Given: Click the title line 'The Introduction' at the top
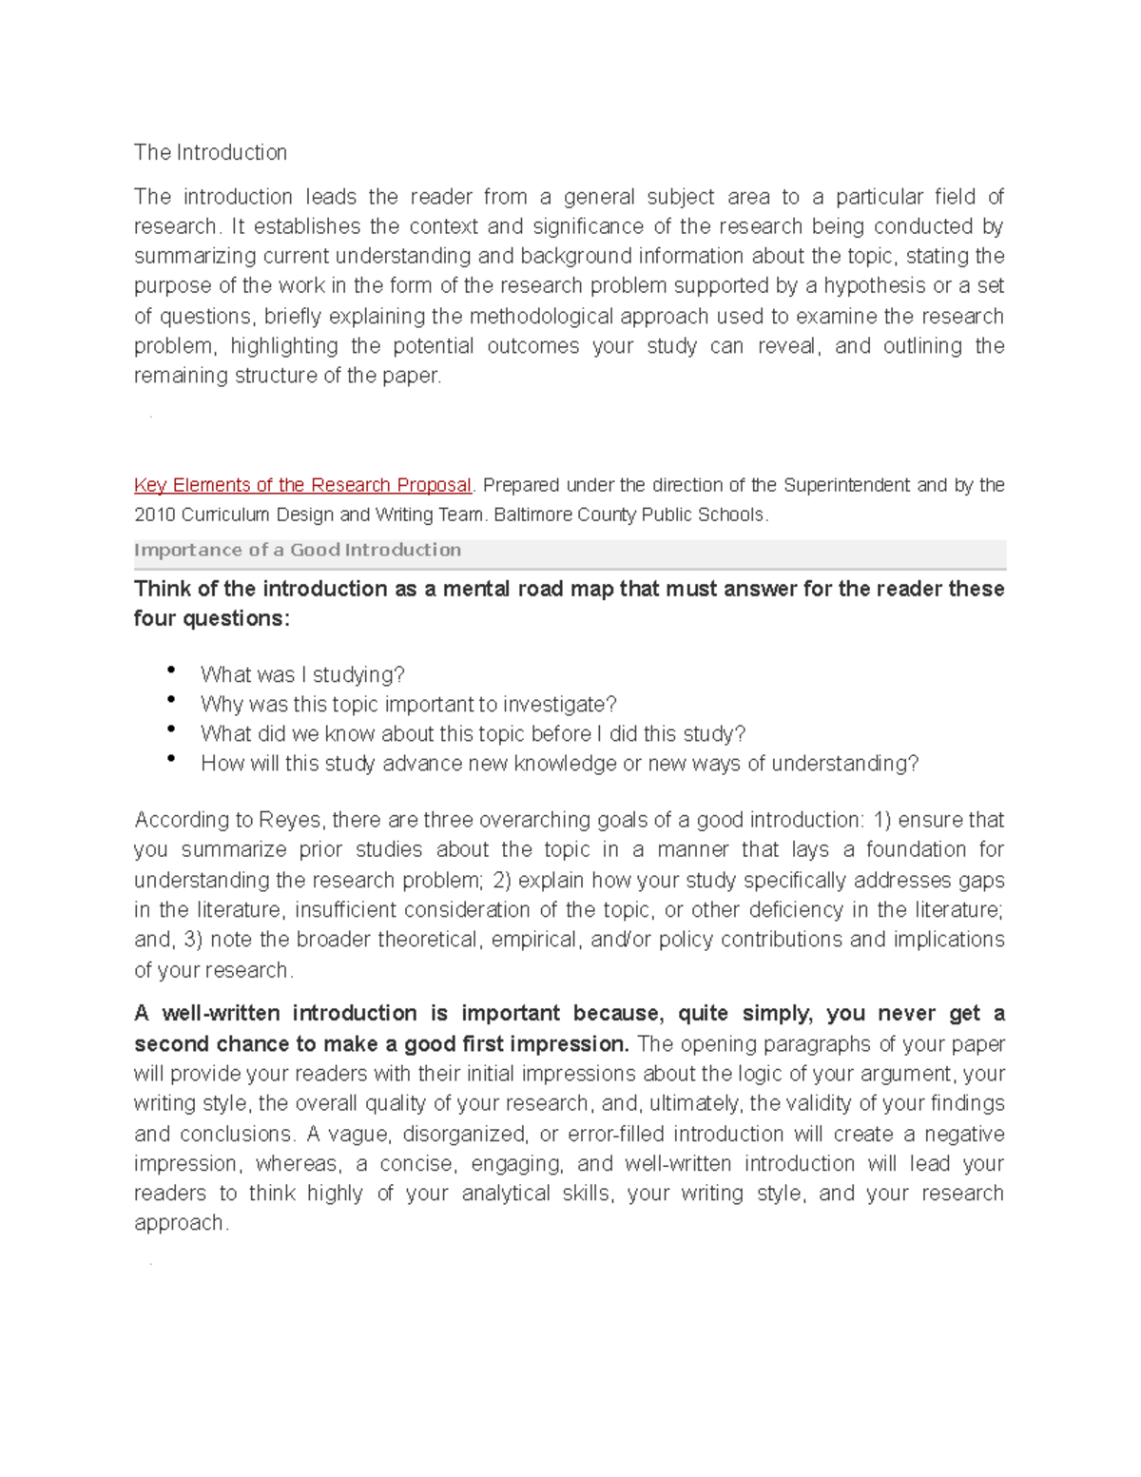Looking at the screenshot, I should [210, 152].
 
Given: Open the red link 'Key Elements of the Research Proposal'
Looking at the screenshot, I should [302, 485].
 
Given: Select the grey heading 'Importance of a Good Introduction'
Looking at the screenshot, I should [298, 550].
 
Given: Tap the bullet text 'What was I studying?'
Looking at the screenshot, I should [302, 674].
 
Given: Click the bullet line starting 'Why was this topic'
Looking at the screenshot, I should [408, 704].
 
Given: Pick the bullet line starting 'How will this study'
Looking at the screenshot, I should [559, 763].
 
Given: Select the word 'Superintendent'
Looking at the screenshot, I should [846, 485].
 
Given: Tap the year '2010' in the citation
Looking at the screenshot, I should [155, 515].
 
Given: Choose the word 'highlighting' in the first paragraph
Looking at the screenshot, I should [284, 345].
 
